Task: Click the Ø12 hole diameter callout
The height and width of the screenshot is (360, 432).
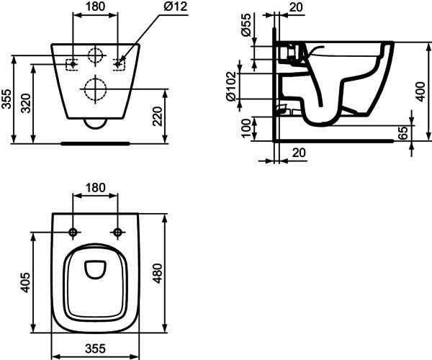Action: (176, 6)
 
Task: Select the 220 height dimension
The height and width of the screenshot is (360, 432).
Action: (158, 117)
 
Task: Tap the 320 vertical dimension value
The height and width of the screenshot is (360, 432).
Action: (27, 103)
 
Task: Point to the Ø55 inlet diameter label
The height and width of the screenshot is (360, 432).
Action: (246, 24)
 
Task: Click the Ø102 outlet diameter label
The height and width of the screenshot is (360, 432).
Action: (231, 86)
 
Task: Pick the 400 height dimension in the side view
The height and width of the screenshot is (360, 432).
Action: (420, 91)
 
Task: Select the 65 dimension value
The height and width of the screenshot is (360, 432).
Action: (404, 133)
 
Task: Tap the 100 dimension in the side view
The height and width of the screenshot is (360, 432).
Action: (246, 128)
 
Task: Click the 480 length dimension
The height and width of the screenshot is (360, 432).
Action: (158, 273)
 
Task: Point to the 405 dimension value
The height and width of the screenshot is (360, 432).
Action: (25, 282)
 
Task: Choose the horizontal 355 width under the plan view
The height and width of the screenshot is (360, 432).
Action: (95, 348)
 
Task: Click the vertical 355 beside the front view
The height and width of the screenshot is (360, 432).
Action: (6, 99)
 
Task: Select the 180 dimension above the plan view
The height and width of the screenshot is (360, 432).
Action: (95, 188)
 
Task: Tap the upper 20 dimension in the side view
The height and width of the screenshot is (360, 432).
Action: (296, 7)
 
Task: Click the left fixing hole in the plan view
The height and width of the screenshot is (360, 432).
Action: (73, 233)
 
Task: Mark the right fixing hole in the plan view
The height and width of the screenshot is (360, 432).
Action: (117, 233)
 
